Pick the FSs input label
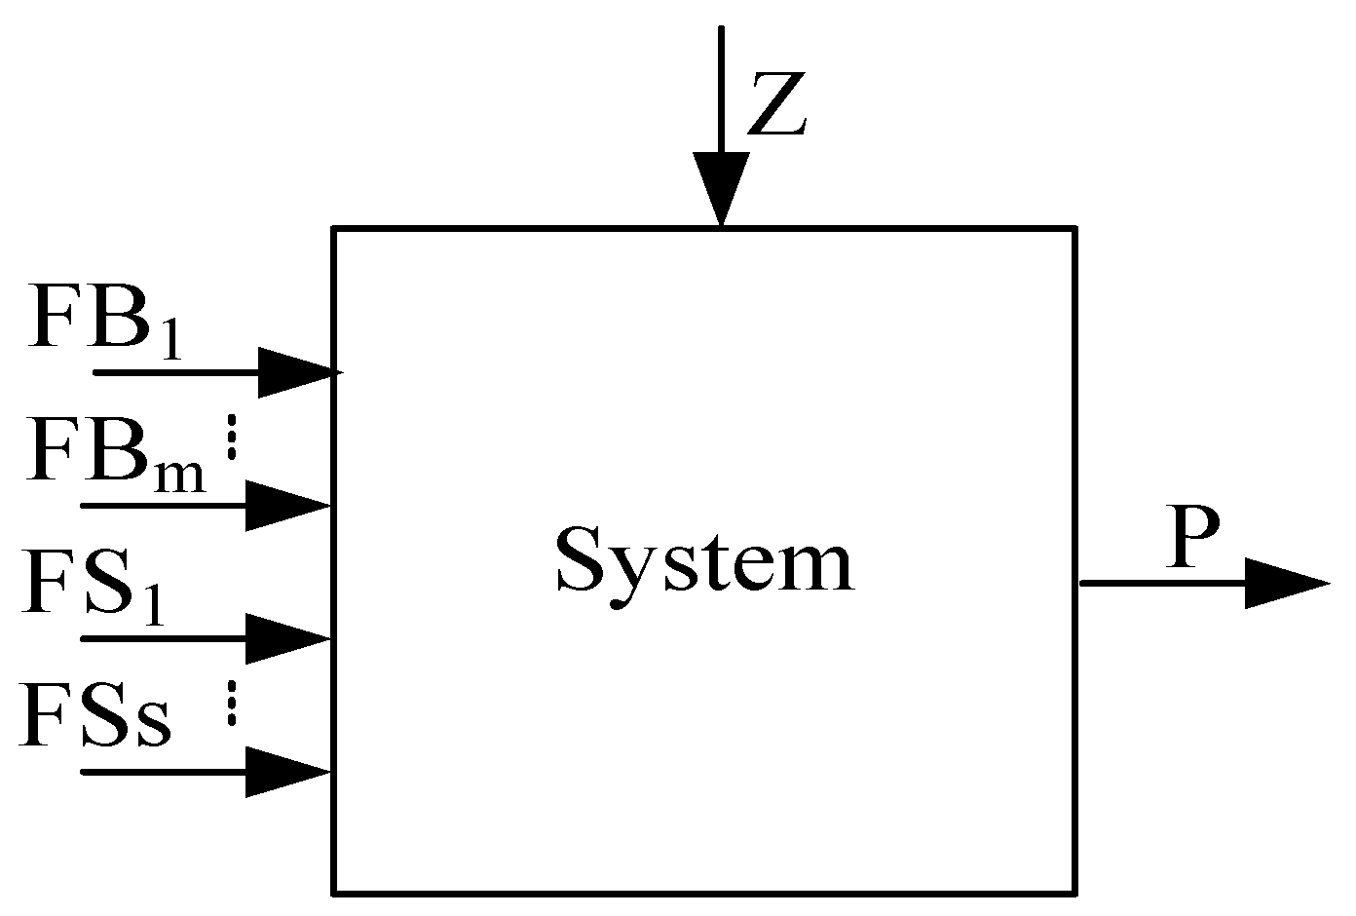click(x=96, y=716)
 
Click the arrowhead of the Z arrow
click(x=721, y=188)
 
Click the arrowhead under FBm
click(x=287, y=505)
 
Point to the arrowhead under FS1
click(x=287, y=638)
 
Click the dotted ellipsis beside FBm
click(x=232, y=437)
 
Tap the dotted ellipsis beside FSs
click(x=232, y=703)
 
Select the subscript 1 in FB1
click(x=171, y=341)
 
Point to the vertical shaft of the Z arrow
click(x=721, y=88)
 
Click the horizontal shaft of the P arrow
click(x=1159, y=584)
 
